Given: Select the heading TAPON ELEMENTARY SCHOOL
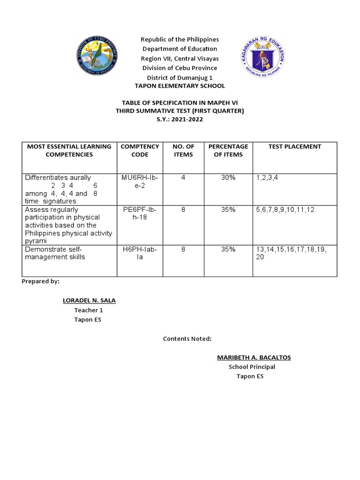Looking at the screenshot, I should pyautogui.click(x=180, y=86).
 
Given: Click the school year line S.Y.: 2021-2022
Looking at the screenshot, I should pyautogui.click(x=180, y=120).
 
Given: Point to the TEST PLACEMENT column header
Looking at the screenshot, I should pyautogui.click(x=294, y=147).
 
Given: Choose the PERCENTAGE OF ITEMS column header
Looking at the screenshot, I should pyautogui.click(x=228, y=150).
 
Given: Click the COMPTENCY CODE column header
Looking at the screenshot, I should pyautogui.click(x=140, y=150).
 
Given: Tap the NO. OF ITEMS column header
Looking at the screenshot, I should pyautogui.click(x=183, y=150).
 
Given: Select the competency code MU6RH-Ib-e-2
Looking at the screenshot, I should pyautogui.click(x=140, y=182).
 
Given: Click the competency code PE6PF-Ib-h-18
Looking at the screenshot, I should pyautogui.click(x=140, y=214).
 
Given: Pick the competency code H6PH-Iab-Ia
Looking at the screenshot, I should pyautogui.click(x=140, y=254).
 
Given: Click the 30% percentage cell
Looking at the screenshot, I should pyautogui.click(x=228, y=178).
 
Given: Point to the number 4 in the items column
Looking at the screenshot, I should pyautogui.click(x=183, y=178).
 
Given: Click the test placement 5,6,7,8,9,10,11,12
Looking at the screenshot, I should pyautogui.click(x=285, y=210).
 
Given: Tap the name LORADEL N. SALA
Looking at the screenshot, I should pyautogui.click(x=89, y=300).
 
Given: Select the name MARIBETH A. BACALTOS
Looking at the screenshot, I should pyautogui.click(x=254, y=358).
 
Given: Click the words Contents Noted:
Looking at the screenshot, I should pyautogui.click(x=187, y=338).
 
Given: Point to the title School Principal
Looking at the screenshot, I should pyautogui.click(x=252, y=367).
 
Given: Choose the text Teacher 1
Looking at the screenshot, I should pyautogui.click(x=86, y=310).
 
